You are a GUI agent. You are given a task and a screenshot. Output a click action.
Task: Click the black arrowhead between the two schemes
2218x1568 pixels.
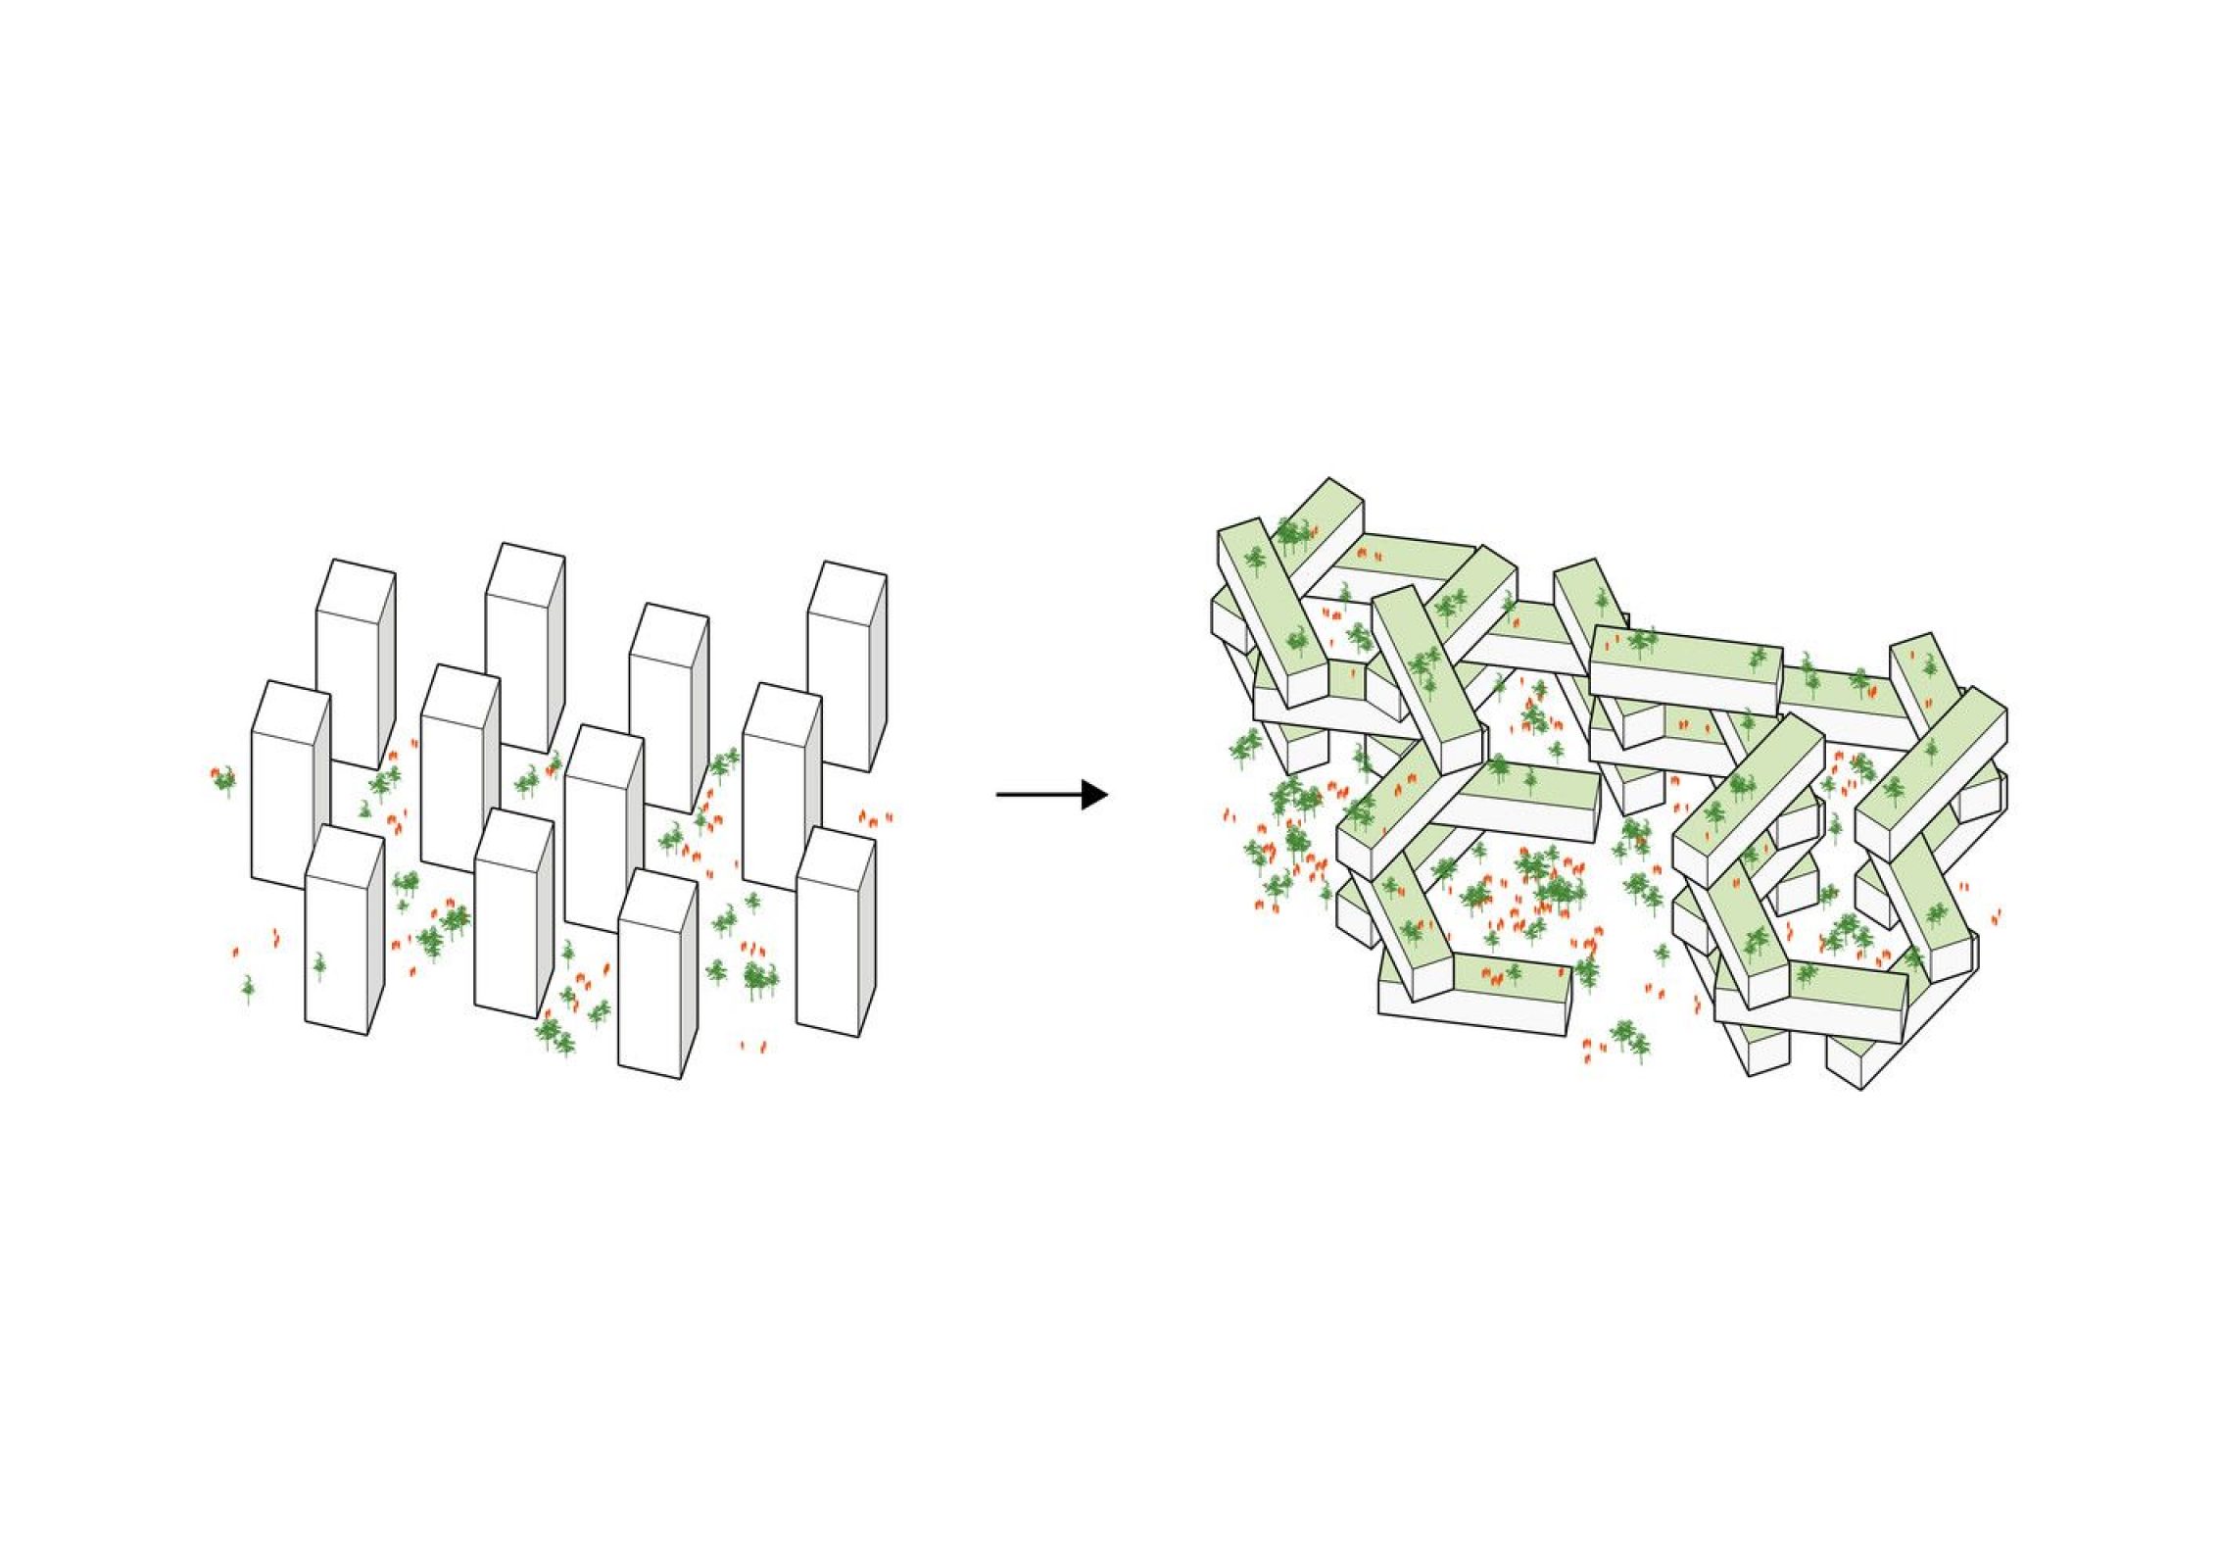pos(1094,794)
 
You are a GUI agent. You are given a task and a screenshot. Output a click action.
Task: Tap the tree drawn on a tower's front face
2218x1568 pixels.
pos(319,965)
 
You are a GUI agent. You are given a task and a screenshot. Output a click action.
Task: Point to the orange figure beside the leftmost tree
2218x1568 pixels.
pos(214,773)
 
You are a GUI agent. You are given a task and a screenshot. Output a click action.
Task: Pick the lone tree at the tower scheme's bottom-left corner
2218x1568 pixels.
pos(248,989)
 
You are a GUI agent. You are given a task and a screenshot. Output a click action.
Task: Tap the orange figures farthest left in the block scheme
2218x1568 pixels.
pos(1228,815)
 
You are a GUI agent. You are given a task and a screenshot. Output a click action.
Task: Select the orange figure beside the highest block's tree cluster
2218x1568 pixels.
pos(1316,530)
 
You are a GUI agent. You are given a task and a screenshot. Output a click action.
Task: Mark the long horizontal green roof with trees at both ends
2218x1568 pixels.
pos(1684,656)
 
